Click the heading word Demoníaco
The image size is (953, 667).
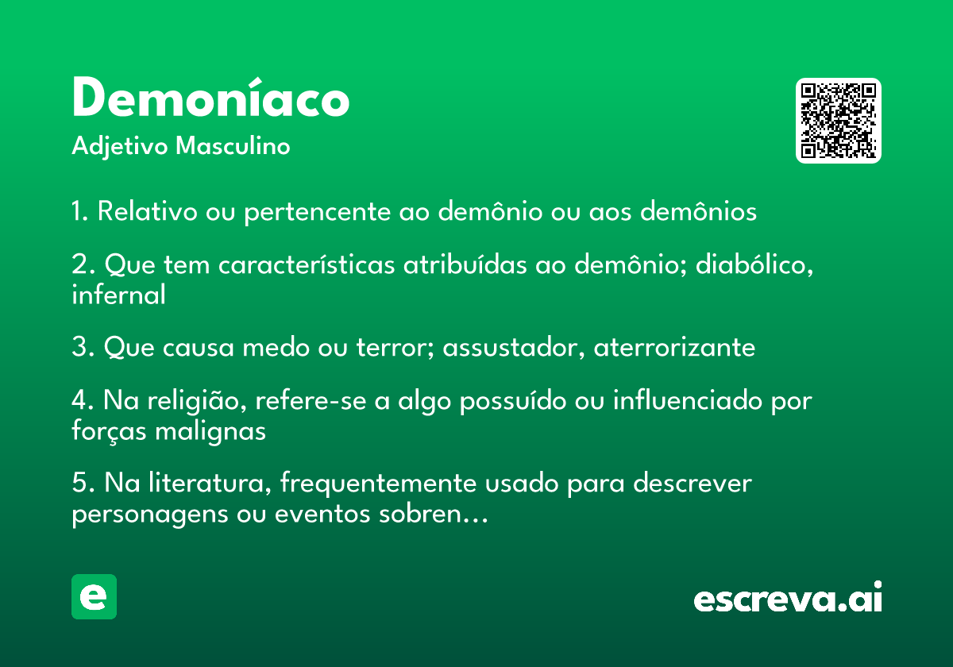tap(211, 97)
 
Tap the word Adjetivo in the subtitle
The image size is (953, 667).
tap(120, 147)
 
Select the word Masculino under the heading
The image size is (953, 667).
tap(233, 146)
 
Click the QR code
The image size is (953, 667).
tap(838, 121)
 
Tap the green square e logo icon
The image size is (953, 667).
tap(94, 596)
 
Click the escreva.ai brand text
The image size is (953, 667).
tap(788, 597)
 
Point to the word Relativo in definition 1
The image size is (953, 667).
tap(148, 210)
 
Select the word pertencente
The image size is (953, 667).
tap(318, 212)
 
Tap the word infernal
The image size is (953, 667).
tap(118, 295)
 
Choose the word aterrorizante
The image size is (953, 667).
tap(674, 347)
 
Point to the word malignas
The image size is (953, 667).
tap(210, 431)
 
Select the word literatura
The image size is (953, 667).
tap(210, 483)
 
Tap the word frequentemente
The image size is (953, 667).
tap(378, 484)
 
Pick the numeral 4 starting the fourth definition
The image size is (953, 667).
tap(79, 401)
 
